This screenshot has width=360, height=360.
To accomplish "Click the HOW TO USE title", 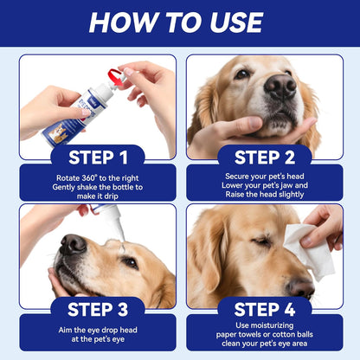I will click(179, 22).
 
